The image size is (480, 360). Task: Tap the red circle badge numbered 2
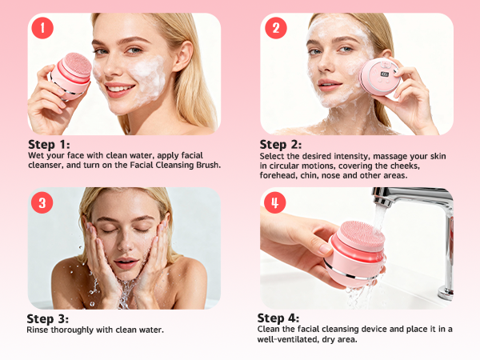click(x=275, y=29)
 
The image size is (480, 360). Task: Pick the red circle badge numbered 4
click(x=274, y=202)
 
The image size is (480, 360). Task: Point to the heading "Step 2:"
click(x=281, y=145)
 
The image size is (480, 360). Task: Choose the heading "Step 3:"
click(x=48, y=318)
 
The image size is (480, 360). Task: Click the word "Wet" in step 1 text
click(x=34, y=157)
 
